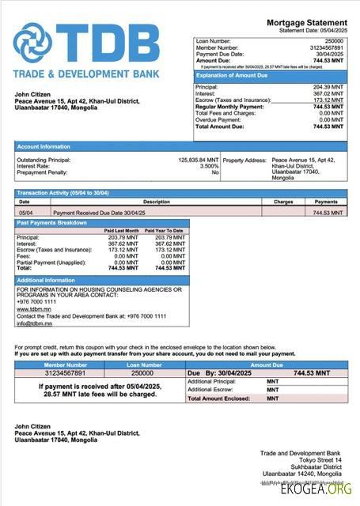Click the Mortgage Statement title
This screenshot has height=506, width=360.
click(x=306, y=23)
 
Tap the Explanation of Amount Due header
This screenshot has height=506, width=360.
click(x=236, y=75)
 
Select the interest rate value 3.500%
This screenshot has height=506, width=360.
click(x=208, y=166)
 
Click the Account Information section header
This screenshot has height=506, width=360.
click(x=44, y=146)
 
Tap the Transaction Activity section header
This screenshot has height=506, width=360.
click(x=63, y=194)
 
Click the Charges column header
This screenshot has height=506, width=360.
click(x=283, y=202)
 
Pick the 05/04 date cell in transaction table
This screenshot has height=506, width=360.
click(x=25, y=213)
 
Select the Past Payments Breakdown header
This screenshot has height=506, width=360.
click(x=53, y=223)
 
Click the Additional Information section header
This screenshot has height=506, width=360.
click(x=46, y=281)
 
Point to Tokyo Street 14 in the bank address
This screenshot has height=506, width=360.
click(x=324, y=459)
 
